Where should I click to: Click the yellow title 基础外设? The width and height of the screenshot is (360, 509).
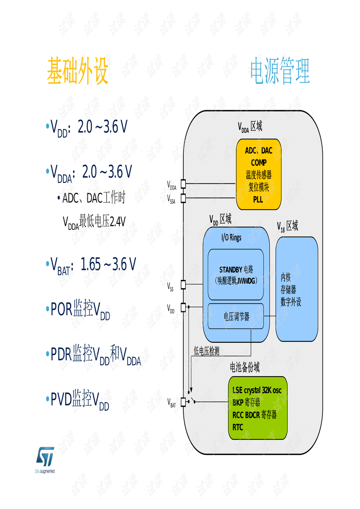point(78,71)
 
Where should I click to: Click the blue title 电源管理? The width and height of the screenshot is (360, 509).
point(280,71)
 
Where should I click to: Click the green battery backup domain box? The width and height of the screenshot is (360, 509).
point(258,408)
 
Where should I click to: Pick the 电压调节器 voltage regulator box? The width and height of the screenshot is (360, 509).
point(236,316)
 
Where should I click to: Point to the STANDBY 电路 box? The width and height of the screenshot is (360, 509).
point(236,275)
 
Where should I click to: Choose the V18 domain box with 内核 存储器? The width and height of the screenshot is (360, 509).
point(297,289)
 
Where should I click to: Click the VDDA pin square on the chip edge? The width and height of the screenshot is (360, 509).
point(183,183)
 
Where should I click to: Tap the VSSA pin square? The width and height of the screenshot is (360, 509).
point(183,198)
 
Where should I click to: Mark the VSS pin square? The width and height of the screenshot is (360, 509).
point(183,284)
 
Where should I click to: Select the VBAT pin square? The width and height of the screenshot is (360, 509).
point(183,402)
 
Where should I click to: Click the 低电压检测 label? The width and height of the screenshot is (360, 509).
point(206,351)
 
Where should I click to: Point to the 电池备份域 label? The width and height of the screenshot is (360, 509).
point(244,367)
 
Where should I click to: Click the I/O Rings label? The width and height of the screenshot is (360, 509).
point(231,237)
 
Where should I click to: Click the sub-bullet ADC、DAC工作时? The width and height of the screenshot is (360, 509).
point(93,198)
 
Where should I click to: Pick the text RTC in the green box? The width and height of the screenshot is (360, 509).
point(238,427)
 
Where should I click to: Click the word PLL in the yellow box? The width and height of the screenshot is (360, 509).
point(258,200)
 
